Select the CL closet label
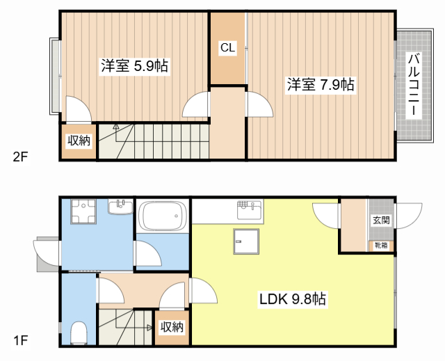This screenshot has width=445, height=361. pyautogui.click(x=227, y=48)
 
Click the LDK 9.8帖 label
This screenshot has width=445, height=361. pyautogui.click(x=293, y=300)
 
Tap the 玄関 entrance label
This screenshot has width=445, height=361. pyautogui.click(x=380, y=220)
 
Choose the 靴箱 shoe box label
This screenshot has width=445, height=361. pyautogui.click(x=381, y=246)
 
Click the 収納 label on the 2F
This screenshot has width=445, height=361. pyautogui.click(x=79, y=141)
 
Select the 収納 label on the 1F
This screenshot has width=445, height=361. pyautogui.click(x=172, y=327)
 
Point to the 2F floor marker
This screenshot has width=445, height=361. pyautogui.click(x=19, y=156)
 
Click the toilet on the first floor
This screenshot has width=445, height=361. pyautogui.click(x=78, y=332)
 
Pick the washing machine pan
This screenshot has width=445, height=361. pyautogui.click(x=87, y=212)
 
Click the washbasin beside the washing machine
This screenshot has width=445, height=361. pyautogui.click(x=120, y=207)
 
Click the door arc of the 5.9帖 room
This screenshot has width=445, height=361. pyautogui.click(x=78, y=110)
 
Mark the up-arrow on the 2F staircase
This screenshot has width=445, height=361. pyautogui.click(x=115, y=129)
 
